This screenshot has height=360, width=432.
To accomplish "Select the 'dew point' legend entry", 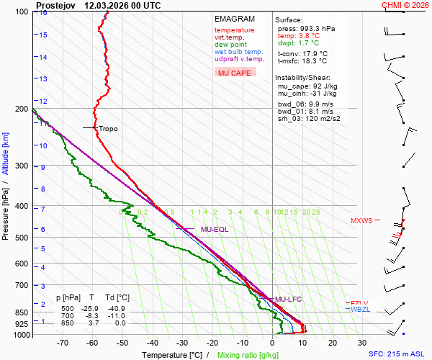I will click(230, 45).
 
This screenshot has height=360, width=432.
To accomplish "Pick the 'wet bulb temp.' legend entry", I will click(238, 52).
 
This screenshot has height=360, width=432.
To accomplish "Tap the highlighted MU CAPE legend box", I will click(235, 73).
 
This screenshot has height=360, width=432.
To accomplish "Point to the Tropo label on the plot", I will click(108, 129).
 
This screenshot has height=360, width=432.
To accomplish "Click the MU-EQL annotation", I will click(215, 230).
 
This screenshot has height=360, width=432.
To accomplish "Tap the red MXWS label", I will click(362, 221).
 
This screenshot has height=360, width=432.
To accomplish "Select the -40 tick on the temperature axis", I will click(152, 343).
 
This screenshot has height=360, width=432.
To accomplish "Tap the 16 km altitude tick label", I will click(43, 13).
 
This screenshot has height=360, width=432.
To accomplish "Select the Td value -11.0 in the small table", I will click(122, 315).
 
